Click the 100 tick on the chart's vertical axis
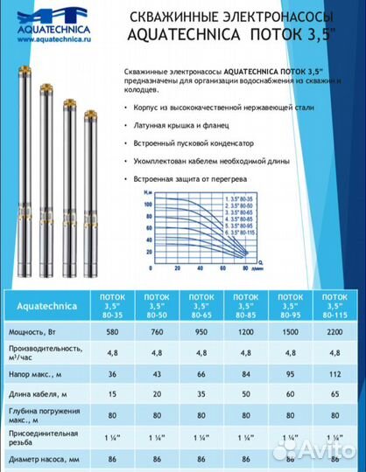click(123, 203)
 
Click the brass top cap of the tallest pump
click(17, 66)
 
